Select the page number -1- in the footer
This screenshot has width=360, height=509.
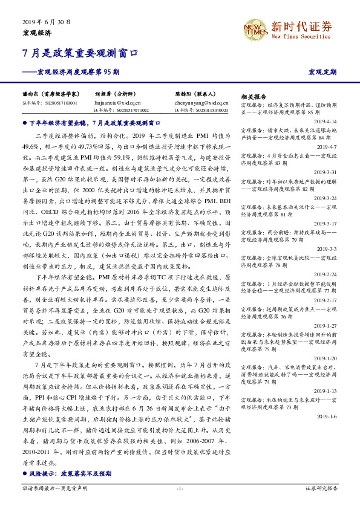(179, 488)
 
